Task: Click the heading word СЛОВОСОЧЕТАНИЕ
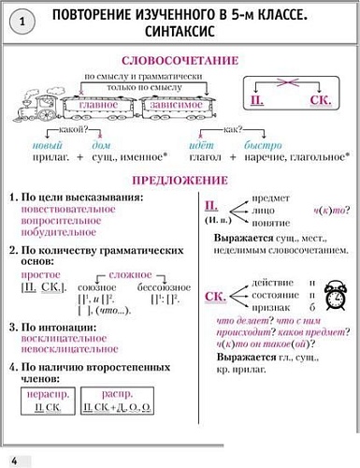coord(180,59)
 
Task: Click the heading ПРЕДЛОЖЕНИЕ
coord(180,179)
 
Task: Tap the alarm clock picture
coord(333,297)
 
